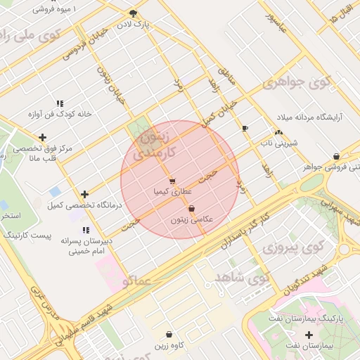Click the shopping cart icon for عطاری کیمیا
[172, 181]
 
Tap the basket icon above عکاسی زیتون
[191, 208]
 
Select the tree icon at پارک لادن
[134, 13]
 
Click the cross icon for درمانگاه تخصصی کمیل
[85, 194]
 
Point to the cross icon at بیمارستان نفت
[309, 335]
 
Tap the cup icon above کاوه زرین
[168, 335]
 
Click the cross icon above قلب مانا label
[43, 137]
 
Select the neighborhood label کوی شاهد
[249, 278]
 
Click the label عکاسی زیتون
[192, 219]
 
